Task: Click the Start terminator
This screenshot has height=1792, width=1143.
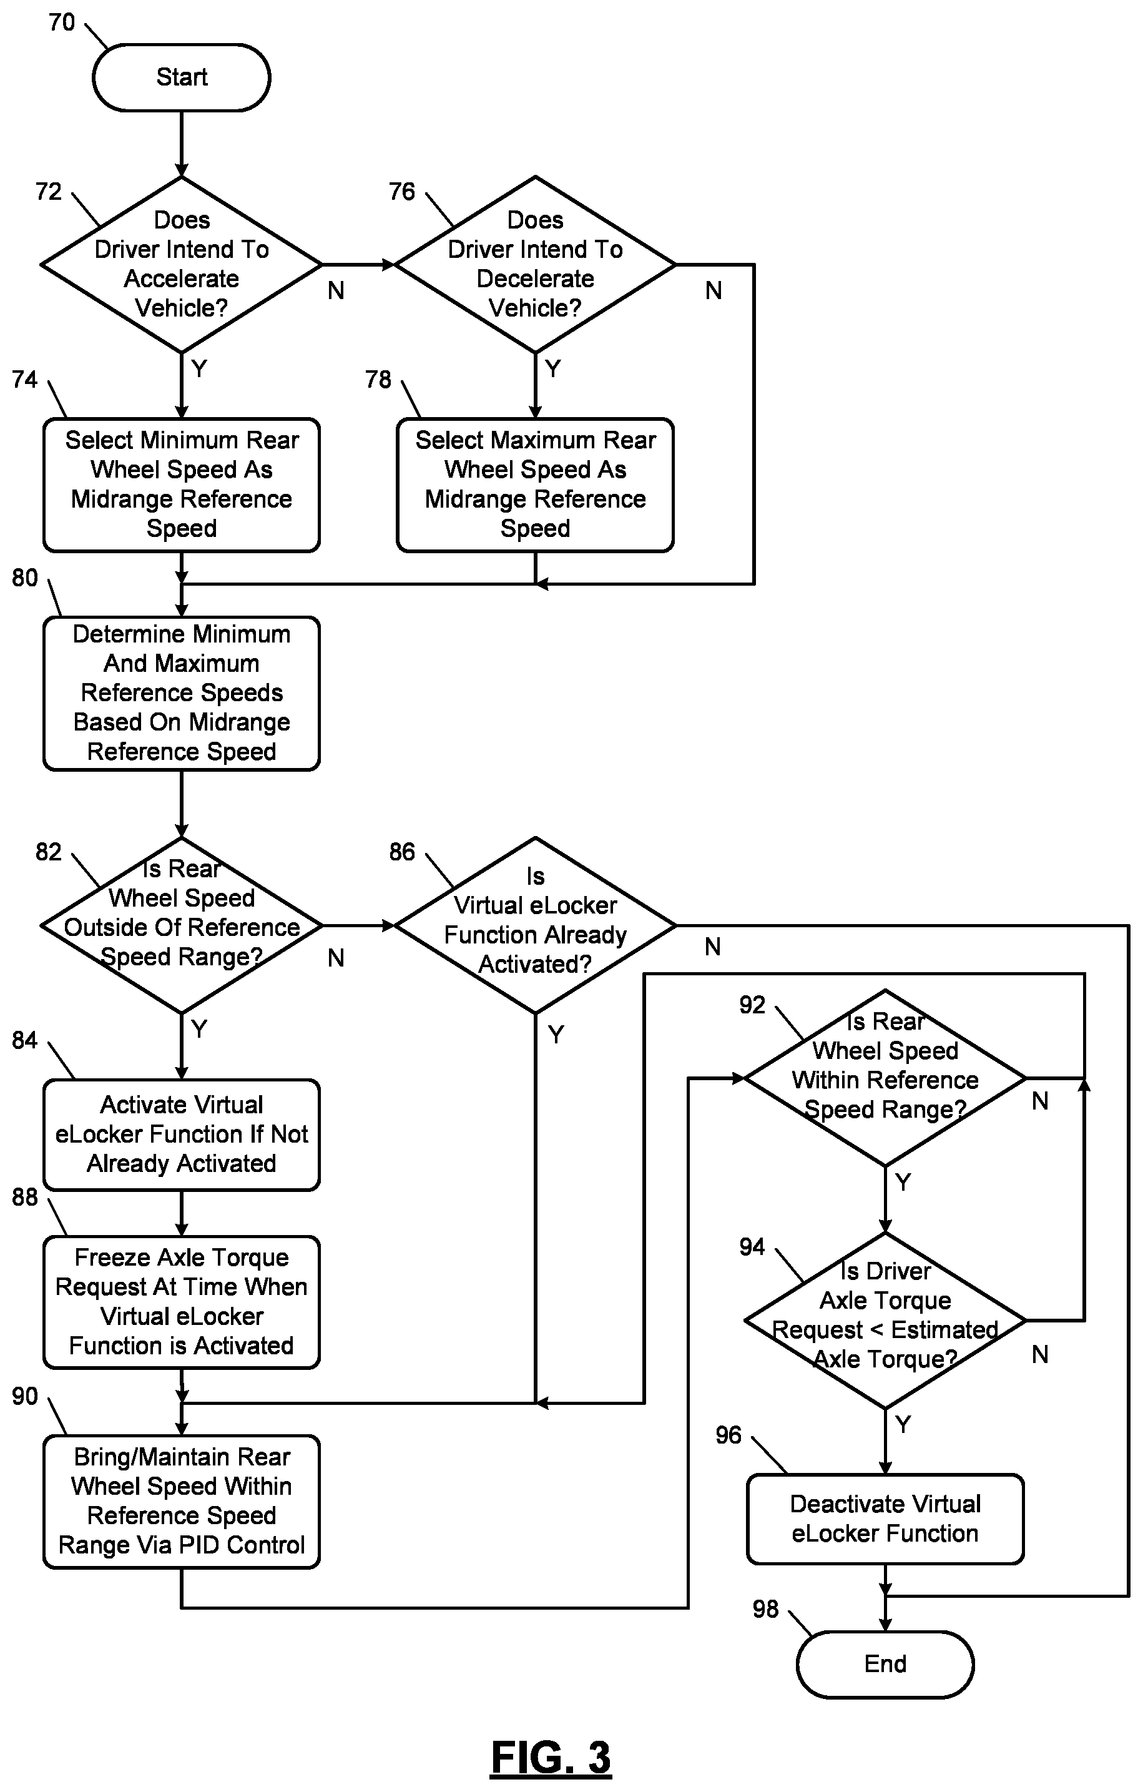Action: [x=182, y=77]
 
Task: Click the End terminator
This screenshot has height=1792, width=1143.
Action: [x=885, y=1664]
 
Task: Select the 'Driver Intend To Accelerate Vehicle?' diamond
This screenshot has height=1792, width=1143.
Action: [x=182, y=264]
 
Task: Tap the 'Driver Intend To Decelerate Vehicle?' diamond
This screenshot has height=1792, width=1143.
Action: [x=535, y=264]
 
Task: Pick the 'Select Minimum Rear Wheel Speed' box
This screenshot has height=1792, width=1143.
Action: [x=182, y=485]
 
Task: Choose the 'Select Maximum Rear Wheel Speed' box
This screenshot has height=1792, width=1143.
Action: [x=535, y=485]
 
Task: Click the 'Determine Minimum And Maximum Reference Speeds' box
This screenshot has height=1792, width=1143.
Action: [x=182, y=693]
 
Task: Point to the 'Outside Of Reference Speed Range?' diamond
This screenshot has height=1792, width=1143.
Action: [x=182, y=925]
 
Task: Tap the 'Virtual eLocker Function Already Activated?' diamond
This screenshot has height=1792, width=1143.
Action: [x=535, y=925]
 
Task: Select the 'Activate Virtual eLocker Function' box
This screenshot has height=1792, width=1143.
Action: [x=182, y=1134]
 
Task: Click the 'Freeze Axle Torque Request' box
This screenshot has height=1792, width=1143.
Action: [x=182, y=1302]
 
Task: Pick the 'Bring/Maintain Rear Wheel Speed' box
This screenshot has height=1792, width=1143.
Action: [x=182, y=1501]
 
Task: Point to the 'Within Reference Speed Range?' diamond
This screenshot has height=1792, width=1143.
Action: [x=885, y=1078]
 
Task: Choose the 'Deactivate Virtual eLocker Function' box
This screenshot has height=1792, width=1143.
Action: [x=885, y=1519]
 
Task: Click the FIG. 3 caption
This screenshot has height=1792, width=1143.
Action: [x=551, y=1758]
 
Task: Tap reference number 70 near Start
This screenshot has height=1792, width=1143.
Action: [x=62, y=22]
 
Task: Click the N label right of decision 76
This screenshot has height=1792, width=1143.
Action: [x=713, y=290]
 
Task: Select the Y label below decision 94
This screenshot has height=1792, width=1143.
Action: [x=903, y=1424]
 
